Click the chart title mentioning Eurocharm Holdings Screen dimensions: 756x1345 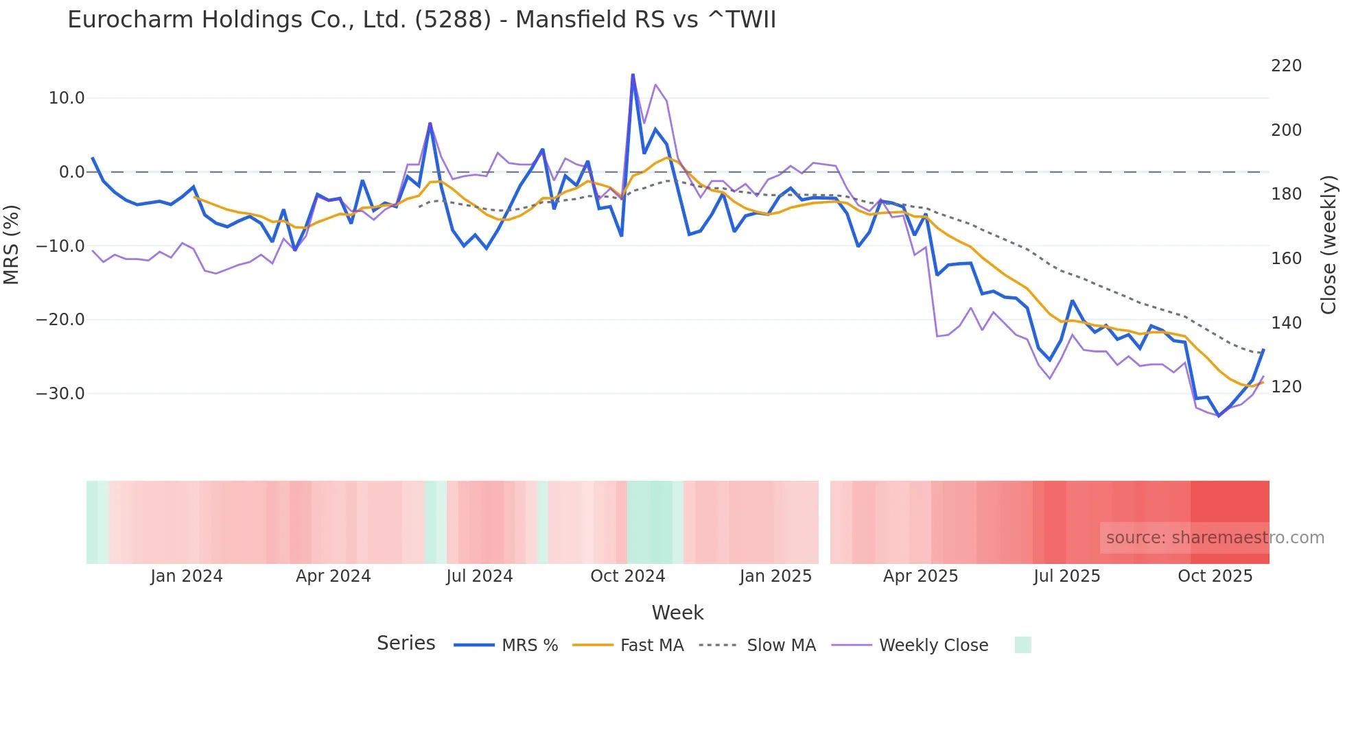(x=421, y=20)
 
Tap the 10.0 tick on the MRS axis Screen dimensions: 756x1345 (x=67, y=98)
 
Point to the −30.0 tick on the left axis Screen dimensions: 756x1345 (x=60, y=394)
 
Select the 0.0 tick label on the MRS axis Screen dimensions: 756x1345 (x=71, y=172)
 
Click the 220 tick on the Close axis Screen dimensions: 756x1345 (x=1286, y=66)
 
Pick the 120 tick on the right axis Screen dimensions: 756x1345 (x=1286, y=387)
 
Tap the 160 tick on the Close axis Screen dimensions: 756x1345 (x=1286, y=259)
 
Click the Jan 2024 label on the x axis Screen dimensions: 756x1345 (x=187, y=576)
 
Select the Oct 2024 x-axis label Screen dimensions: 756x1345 (x=627, y=576)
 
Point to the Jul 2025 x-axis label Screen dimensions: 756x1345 (x=1066, y=576)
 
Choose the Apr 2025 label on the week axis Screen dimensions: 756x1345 (x=920, y=576)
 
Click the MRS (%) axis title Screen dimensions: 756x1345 (x=12, y=244)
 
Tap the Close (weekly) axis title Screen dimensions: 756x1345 (x=1329, y=244)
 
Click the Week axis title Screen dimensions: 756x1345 (x=677, y=613)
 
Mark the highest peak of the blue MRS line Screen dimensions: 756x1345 (x=633, y=74)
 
